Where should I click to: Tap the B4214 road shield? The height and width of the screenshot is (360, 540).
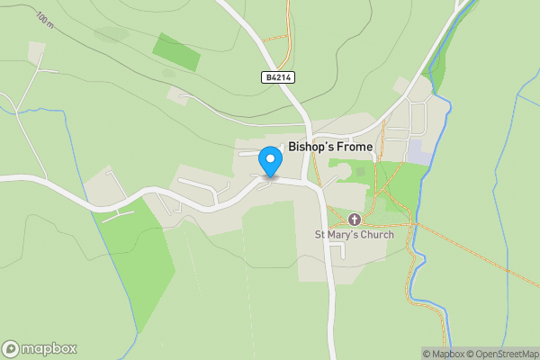(278, 78)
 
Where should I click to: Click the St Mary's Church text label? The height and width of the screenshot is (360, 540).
(354, 235)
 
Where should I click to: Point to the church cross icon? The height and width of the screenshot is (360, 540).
(354, 220)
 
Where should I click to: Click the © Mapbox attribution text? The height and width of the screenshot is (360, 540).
(447, 354)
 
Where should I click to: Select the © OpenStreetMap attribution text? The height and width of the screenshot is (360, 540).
(506, 354)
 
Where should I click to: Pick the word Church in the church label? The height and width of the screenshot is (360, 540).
(378, 235)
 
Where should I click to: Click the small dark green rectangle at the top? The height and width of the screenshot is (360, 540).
(176, 52)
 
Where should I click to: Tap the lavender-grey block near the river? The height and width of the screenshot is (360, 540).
(418, 151)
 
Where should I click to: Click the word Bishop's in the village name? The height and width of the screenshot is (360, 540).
(309, 146)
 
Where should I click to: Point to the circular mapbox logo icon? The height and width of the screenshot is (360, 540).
(11, 348)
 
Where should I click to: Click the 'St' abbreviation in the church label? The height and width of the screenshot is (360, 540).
(319, 235)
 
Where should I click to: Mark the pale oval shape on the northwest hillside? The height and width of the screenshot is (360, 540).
(111, 34)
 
